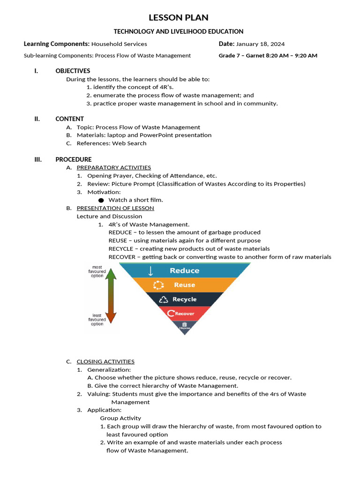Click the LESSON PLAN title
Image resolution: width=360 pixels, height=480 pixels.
179,18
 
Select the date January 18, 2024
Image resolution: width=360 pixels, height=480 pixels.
260,44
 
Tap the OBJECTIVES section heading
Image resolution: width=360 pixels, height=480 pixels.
73,71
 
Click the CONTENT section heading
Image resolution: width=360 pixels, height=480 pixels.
69,119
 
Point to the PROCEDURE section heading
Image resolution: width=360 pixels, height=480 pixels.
74,159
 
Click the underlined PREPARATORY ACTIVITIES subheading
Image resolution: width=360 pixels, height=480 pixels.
113,167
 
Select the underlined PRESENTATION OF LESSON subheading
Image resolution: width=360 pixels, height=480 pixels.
115,208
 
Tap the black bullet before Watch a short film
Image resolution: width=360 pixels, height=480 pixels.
101,200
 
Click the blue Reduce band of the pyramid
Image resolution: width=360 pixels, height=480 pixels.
185,270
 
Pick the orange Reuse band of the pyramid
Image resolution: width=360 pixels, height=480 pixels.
185,285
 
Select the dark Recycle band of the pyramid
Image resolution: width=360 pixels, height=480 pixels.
185,300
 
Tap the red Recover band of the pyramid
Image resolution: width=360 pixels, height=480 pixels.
184,314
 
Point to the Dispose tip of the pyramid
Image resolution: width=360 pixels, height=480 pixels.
184,326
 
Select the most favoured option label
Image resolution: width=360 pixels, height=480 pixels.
97,271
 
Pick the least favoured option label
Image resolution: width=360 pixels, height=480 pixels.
97,320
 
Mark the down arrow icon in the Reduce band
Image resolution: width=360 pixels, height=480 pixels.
150,270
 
